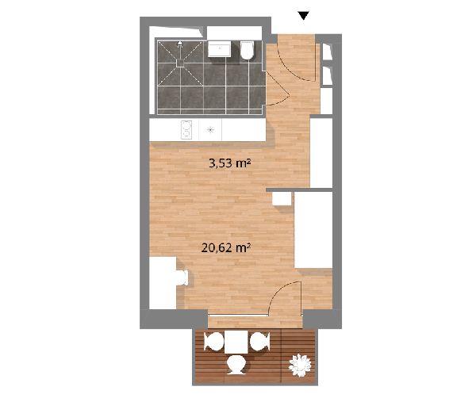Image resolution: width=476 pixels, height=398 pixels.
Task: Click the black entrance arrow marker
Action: (x=303, y=16)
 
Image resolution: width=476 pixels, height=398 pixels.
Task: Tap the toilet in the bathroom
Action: (x=247, y=50)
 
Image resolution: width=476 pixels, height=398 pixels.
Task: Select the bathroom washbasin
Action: (x=220, y=49)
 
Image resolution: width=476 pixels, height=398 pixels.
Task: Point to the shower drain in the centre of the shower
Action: (x=180, y=63)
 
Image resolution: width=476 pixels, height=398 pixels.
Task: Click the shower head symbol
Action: (x=180, y=44)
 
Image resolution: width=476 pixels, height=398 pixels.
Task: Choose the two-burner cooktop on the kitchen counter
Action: (x=186, y=130)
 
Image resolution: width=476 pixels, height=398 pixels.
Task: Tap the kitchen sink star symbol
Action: (x=210, y=130)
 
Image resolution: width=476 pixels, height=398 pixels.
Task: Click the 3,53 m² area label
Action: (x=229, y=163)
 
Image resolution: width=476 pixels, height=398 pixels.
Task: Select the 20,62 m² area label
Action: (x=226, y=248)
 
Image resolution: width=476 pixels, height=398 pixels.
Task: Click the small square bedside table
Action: (x=282, y=199)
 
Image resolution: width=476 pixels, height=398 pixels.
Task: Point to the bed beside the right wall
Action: (x=313, y=230)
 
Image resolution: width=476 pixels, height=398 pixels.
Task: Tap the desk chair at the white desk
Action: (x=182, y=277)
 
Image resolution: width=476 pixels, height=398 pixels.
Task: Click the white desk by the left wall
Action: (x=163, y=283)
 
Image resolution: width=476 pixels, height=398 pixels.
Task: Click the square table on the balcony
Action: (x=236, y=343)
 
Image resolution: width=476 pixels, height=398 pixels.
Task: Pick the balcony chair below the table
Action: (x=236, y=365)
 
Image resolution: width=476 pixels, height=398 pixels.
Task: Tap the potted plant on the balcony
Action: (x=300, y=365)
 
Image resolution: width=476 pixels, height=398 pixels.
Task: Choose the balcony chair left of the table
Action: (x=213, y=342)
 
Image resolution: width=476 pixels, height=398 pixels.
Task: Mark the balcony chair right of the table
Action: (x=259, y=342)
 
